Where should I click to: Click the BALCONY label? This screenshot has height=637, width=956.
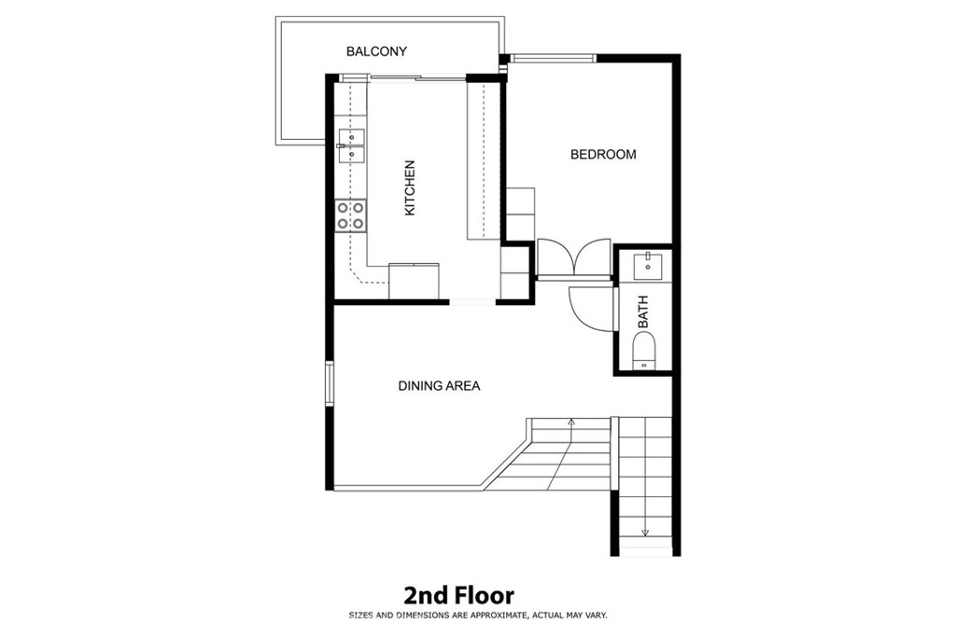(x=376, y=51)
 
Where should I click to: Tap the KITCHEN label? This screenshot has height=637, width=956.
(x=410, y=187)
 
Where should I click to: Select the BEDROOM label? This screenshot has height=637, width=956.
(x=603, y=155)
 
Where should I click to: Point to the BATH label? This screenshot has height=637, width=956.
(x=642, y=312)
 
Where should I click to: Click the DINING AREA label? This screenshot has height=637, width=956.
(x=439, y=385)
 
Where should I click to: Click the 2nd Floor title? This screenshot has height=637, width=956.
(x=459, y=595)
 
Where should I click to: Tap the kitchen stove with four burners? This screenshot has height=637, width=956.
(x=351, y=216)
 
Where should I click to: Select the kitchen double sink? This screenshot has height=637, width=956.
(x=352, y=146)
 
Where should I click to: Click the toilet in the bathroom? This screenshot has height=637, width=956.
(x=644, y=351)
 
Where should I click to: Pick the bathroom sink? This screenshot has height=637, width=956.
(x=646, y=265)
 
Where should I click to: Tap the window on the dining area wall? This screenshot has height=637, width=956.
(x=330, y=383)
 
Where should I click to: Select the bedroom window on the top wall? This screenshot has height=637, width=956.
(x=553, y=59)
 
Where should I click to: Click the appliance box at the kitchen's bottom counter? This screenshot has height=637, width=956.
(x=414, y=281)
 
